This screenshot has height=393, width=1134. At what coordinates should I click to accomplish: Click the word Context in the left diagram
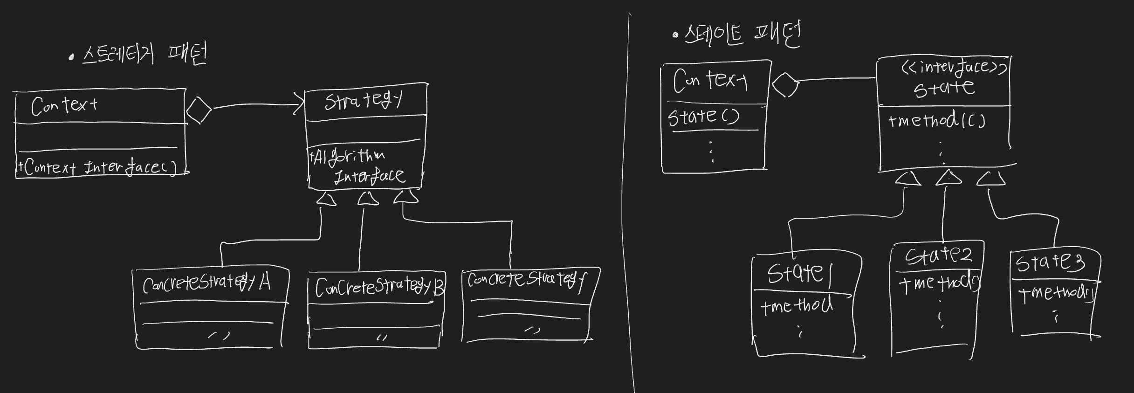pos(64,106)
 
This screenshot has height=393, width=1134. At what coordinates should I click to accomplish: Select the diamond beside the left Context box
pos(199,110)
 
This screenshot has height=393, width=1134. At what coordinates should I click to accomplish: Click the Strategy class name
pos(363,101)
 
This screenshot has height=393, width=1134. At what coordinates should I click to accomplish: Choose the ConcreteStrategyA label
pos(206,283)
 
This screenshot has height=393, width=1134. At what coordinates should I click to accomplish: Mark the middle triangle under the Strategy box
pos(368,199)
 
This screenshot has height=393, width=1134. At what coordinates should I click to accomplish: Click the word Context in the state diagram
pos(710,80)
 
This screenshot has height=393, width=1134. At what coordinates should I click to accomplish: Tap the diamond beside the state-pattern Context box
pos(785,85)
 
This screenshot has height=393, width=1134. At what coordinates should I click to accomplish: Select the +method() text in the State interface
pos(937,121)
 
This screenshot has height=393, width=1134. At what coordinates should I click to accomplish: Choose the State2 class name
pos(938,255)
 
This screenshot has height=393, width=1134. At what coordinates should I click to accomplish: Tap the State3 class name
pos(1050,262)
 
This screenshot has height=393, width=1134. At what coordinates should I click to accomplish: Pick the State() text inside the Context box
pos(703,117)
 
